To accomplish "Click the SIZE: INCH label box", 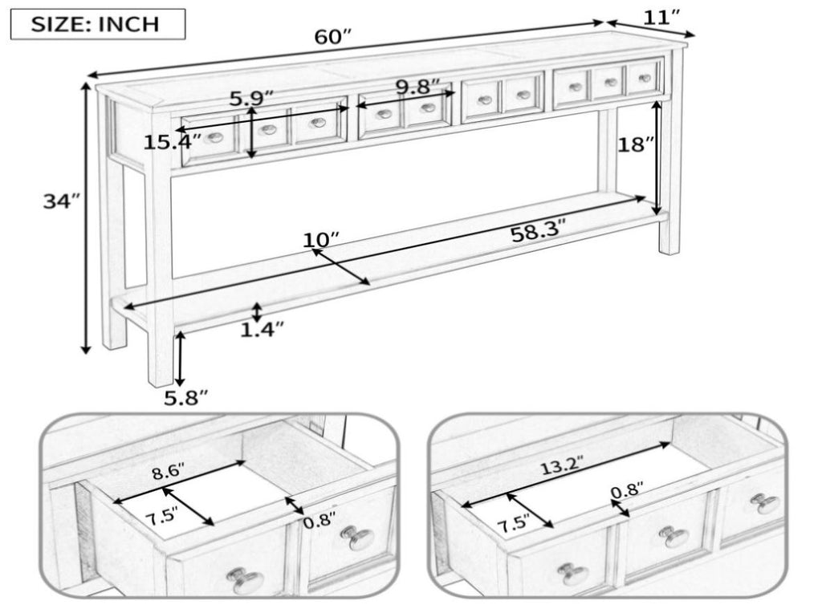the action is click(98, 24).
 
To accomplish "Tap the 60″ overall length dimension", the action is click(332, 37).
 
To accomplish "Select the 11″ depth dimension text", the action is click(661, 18).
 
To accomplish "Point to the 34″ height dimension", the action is click(60, 201).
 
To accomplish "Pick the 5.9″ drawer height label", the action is click(252, 99).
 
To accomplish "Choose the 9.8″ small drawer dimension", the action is click(417, 87).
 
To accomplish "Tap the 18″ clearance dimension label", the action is click(636, 144).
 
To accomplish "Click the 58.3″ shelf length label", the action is click(539, 233).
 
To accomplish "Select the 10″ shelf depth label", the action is click(321, 240).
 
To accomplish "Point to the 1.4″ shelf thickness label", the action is click(262, 330).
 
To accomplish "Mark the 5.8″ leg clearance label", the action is click(186, 398).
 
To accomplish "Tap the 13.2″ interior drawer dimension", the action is click(562, 465).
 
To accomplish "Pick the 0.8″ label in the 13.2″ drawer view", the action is click(627, 492).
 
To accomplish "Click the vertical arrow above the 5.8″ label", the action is click(180, 359).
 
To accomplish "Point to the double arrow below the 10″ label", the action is click(341, 267).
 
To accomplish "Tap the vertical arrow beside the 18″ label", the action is click(657, 158).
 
